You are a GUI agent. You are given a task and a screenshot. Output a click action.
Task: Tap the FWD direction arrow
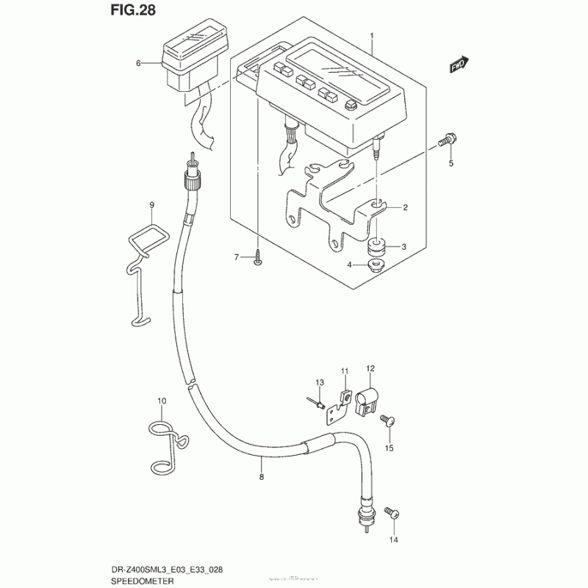[460, 65]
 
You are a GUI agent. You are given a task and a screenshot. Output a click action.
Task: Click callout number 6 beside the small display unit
[137, 63]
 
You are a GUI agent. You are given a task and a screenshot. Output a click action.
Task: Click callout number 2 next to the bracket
[404, 208]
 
